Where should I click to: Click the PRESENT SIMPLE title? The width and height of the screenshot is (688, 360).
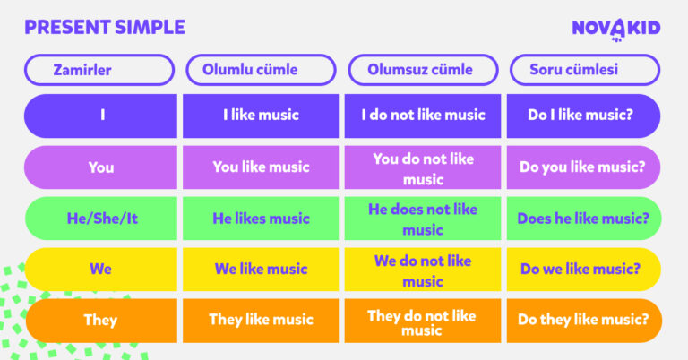coord(105,27)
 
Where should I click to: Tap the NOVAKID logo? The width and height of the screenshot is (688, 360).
coord(616,29)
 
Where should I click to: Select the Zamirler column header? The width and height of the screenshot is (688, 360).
coord(99,70)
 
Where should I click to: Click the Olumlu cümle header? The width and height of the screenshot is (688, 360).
coord(261,70)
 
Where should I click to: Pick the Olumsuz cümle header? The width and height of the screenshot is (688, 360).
coord(423,70)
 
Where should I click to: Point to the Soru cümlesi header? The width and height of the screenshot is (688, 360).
coord(585,70)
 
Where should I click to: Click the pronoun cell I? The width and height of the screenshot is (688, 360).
coord(101,116)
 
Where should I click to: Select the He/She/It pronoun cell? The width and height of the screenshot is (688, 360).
coord(101,219)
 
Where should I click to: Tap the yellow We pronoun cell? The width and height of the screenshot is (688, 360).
coord(101,270)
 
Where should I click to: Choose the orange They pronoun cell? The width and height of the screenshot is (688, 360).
coord(101,321)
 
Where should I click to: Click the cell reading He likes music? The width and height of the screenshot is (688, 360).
coord(261,219)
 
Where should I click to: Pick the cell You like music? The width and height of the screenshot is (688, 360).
coord(261,167)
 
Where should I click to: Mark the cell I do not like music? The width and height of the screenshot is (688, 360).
coord(423,116)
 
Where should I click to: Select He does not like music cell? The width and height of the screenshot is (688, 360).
coord(423,219)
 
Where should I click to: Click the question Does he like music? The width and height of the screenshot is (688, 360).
coord(583,219)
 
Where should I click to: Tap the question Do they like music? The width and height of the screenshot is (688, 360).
coord(583,321)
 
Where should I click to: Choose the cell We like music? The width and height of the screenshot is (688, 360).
coord(261,270)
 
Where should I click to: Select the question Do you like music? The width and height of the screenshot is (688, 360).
coord(583,167)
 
